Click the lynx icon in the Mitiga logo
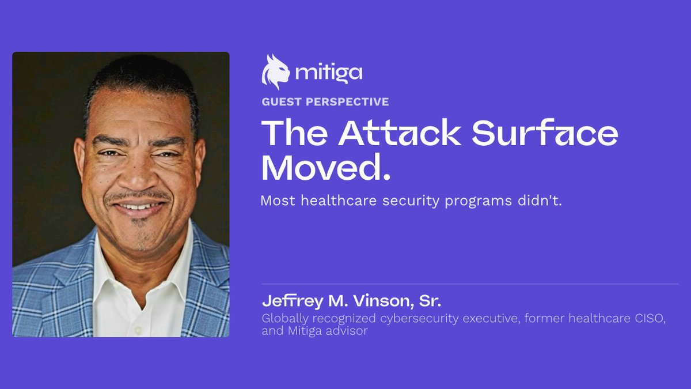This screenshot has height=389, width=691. tap(275, 72)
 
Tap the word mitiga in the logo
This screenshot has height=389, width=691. tap(329, 74)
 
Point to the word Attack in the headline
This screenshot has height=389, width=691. tap(400, 133)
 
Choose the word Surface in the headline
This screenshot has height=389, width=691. tap(545, 132)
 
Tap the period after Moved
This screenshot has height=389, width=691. tap(386, 177)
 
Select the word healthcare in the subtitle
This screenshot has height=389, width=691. tap(339, 201)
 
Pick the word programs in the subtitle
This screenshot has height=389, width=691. tap(478, 202)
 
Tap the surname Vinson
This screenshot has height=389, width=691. tap(383, 301)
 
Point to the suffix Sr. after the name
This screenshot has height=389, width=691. tap(430, 301)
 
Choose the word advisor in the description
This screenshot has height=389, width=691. tap(347, 331)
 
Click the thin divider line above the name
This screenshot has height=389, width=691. tap(470, 284)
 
